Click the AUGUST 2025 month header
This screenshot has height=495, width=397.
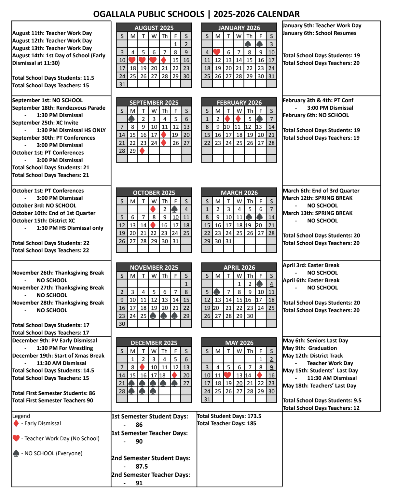tap(154, 28)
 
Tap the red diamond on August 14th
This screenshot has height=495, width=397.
tap(164, 60)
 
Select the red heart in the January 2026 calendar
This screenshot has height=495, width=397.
tap(217, 52)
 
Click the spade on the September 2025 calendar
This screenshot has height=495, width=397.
tap(132, 119)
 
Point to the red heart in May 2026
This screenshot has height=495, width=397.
tap(228, 375)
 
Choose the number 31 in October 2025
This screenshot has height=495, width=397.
tap(175, 241)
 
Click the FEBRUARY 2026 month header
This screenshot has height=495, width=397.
tap(239, 102)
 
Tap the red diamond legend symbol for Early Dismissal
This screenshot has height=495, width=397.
tap(16, 423)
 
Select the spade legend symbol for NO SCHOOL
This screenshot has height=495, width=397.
tap(16, 453)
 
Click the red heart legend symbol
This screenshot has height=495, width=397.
tap(16, 438)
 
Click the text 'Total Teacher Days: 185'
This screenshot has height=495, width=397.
tap(226, 423)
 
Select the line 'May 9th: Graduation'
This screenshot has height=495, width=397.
tap(309, 348)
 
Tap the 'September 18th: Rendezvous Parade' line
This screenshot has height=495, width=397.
tap(59, 108)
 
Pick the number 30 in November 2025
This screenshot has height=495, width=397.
tap(122, 324)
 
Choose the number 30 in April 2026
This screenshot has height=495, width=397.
tap(250, 316)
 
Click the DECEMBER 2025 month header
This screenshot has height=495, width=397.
tap(154, 343)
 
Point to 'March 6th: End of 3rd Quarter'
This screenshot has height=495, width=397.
tap(321, 191)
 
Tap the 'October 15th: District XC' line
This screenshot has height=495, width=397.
tap(44, 220)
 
